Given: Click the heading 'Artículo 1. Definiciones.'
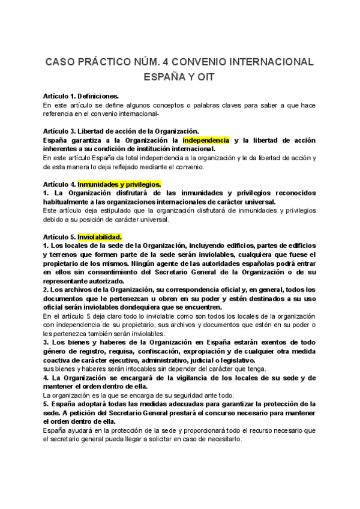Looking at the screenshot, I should tap(81, 96).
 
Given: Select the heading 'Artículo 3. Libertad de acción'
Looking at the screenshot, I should tap(121, 131).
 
